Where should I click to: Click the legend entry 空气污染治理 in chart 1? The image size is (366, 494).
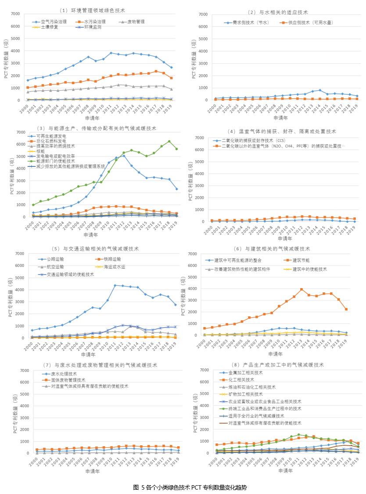54,21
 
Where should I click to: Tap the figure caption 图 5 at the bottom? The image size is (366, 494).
190,487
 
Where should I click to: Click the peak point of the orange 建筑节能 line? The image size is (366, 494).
301,289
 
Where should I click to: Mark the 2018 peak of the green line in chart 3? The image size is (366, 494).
169,141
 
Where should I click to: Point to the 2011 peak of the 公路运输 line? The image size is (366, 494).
115,285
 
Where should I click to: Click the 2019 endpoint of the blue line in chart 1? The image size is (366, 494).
171,67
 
